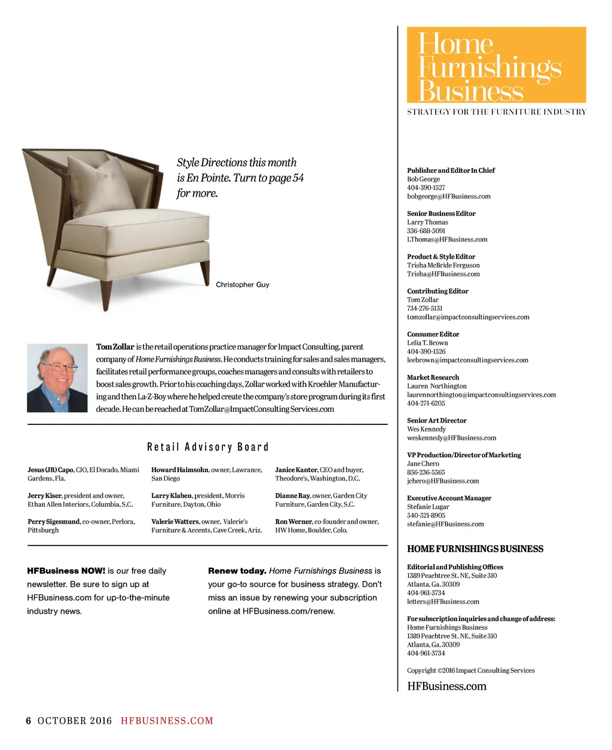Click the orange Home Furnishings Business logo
tap(496, 65)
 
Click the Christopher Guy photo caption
tap(243, 284)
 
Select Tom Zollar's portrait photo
tap(57, 378)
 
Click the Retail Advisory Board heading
tap(208, 447)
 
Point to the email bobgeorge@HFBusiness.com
tap(449, 196)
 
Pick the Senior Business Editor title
tap(441, 213)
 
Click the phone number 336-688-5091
tap(426, 231)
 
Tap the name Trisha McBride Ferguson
tap(443, 265)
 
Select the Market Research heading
tap(433, 377)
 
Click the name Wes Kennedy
tap(426, 429)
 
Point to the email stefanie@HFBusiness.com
tap(445, 524)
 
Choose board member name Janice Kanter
tap(296, 470)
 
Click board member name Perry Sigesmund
tap(53, 521)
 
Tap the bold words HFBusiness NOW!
tap(66, 571)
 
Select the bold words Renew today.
tap(237, 571)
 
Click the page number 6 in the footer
tap(28, 721)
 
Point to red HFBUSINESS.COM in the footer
tap(167, 721)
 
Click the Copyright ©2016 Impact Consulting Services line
tap(471, 671)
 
